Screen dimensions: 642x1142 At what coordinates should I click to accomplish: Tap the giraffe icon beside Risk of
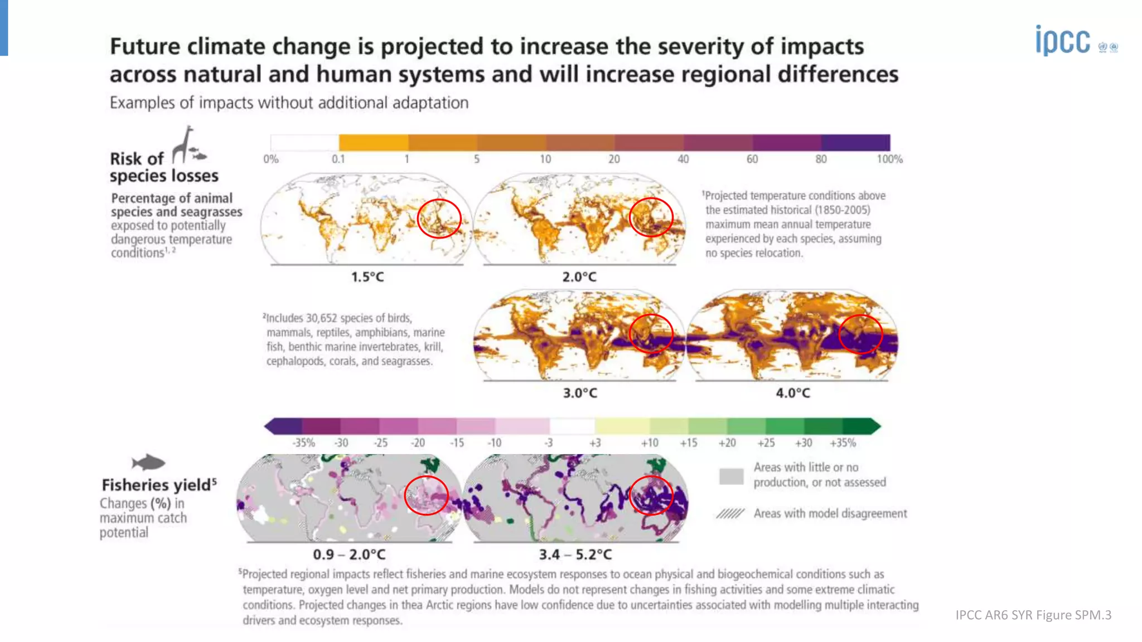(183, 144)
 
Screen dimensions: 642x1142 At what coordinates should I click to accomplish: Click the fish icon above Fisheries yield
(148, 463)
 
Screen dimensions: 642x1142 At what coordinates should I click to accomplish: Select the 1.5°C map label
(367, 277)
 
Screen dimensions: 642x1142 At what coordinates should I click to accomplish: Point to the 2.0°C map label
(579, 277)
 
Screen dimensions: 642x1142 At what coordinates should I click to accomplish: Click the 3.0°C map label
(580, 393)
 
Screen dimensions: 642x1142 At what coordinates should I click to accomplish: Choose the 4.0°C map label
(793, 393)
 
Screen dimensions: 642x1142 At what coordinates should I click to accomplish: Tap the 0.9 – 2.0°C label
(349, 555)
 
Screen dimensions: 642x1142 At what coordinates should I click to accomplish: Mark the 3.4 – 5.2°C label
(575, 555)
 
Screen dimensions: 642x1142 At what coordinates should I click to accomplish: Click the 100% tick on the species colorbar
(889, 159)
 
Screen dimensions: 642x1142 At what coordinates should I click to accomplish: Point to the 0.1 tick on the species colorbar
(338, 159)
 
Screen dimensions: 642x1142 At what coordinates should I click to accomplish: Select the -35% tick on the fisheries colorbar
(304, 443)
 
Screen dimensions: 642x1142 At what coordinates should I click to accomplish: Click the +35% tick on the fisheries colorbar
(843, 443)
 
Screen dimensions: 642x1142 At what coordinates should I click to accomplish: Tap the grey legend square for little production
(731, 476)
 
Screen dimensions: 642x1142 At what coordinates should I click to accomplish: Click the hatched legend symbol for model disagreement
(730, 514)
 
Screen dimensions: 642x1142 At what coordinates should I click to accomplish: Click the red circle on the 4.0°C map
(860, 334)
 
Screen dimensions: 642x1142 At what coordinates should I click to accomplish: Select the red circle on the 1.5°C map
(439, 218)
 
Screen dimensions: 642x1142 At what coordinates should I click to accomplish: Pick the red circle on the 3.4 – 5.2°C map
(651, 495)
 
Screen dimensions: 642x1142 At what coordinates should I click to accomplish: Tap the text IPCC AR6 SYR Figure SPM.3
(1033, 615)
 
